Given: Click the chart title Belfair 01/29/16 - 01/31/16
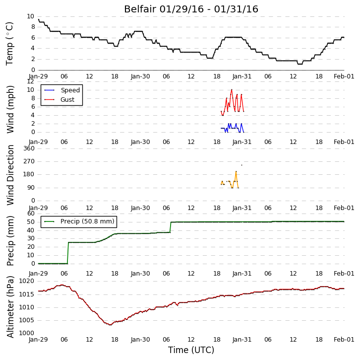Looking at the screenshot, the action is (191, 9).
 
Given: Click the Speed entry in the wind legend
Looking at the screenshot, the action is (70, 90).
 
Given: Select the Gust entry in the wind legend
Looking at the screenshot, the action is (67, 99).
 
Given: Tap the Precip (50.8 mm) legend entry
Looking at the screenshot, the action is (87, 221).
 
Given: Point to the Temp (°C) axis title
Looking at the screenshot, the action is (9, 44).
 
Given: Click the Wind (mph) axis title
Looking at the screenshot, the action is (10, 109).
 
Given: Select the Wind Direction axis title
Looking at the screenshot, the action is (10, 175).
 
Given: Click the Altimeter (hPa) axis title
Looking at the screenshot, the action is (10, 307).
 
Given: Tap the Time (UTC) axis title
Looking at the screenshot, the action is (191, 350).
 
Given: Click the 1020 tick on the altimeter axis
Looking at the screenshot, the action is (26, 281).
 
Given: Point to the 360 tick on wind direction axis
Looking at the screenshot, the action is (29, 148).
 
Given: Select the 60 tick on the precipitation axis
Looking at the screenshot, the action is (31, 214).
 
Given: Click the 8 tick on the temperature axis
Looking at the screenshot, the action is (33, 27).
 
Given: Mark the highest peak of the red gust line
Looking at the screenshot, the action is (232, 90).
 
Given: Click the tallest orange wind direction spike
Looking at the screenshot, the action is (236, 171).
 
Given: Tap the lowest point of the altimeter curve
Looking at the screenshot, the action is (110, 325).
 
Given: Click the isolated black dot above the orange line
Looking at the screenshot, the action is (241, 165).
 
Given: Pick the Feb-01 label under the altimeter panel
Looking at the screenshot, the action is (344, 340).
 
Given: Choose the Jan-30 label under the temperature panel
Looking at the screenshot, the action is (140, 76).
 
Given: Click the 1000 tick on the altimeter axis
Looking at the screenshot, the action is (26, 333).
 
